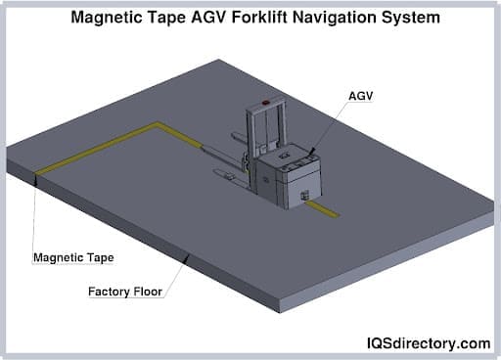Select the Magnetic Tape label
click(73, 258)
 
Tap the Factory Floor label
click(126, 291)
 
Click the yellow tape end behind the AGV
click(333, 211)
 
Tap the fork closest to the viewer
click(230, 176)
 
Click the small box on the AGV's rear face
click(305, 196)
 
